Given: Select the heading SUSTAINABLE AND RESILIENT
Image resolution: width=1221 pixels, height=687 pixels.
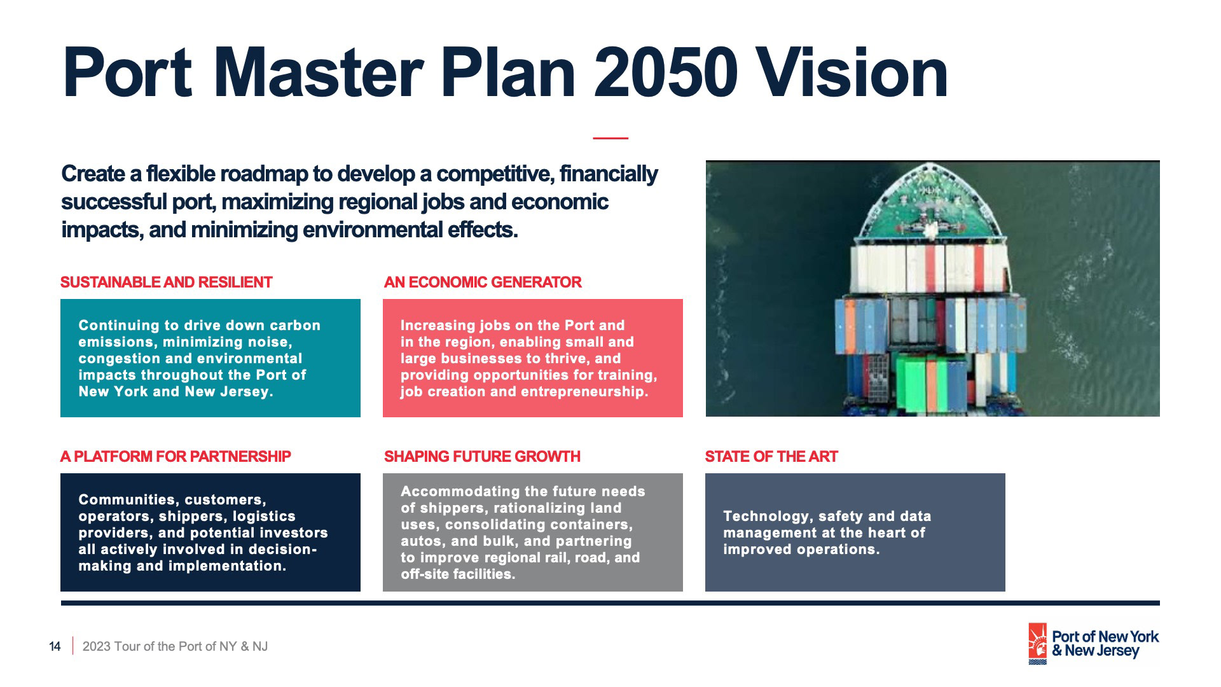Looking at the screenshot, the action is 166,282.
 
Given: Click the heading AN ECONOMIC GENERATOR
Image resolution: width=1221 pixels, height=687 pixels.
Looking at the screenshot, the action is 483,282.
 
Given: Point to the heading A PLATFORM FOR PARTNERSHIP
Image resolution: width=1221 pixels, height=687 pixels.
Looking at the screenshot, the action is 176,457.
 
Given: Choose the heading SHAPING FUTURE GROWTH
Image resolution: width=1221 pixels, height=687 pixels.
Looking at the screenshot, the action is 482,457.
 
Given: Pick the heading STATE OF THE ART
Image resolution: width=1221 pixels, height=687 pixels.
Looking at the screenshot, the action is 771,457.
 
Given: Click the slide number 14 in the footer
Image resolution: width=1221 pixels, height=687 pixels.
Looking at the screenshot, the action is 55,647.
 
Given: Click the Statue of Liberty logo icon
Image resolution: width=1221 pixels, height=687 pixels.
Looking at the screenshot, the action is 1038,644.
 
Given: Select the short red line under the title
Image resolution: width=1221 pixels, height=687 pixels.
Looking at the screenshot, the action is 610,137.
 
